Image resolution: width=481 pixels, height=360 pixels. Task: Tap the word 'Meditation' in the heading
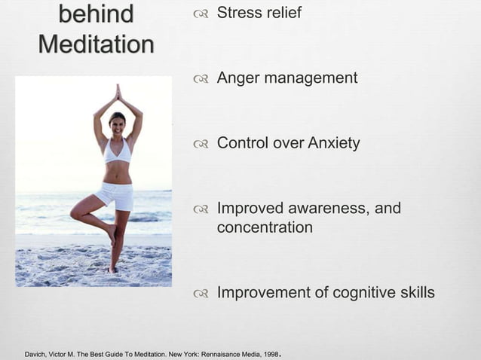click(x=96, y=44)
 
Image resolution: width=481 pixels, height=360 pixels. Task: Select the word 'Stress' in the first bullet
click(x=238, y=13)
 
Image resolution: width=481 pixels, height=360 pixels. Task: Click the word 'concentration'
click(x=265, y=227)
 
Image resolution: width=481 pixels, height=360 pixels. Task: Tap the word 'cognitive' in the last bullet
click(x=363, y=292)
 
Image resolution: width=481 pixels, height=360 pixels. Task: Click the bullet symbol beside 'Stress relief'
click(x=200, y=14)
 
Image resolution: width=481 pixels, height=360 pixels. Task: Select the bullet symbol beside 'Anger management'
click(x=200, y=78)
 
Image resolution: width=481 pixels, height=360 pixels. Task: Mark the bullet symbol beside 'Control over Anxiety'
click(x=200, y=143)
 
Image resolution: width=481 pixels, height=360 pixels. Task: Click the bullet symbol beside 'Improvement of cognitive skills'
click(x=200, y=293)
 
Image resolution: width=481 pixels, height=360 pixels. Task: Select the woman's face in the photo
click(x=117, y=124)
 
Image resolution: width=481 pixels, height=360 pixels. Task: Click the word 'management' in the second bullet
click(x=308, y=78)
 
